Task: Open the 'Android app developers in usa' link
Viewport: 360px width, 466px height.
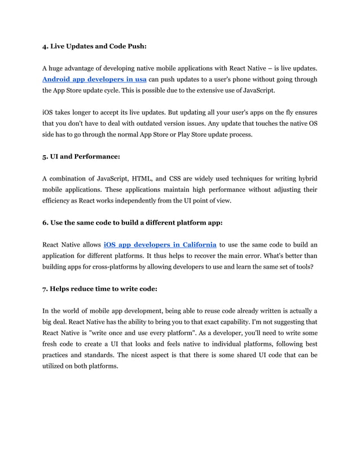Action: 94,79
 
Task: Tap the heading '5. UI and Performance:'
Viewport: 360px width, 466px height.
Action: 81,151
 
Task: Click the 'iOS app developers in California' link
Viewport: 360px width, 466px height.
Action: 160,244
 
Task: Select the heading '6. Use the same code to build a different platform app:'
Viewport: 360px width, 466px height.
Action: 133,222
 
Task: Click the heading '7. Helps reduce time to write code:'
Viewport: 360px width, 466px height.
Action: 100,288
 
